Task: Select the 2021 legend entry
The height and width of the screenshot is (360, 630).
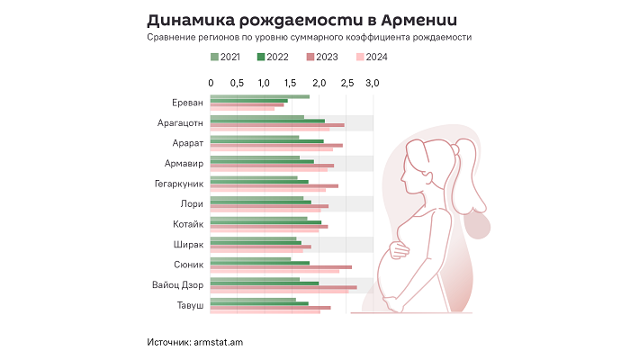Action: pos(226,58)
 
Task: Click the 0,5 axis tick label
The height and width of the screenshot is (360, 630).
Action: pos(238,83)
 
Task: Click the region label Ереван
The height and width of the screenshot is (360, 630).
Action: pos(186,103)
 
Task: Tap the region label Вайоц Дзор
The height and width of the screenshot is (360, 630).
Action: pos(177,285)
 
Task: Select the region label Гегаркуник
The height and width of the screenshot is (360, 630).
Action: pos(179,184)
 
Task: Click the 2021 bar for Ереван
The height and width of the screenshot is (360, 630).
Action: pos(259,96)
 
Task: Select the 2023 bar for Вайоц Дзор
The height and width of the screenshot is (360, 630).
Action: pos(283,287)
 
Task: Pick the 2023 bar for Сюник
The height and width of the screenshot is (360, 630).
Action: pos(281,266)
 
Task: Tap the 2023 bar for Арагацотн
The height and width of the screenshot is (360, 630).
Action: pos(277,124)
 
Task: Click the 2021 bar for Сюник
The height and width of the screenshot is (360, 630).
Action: pos(250,258)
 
